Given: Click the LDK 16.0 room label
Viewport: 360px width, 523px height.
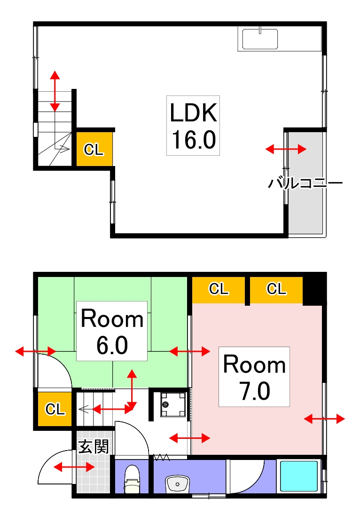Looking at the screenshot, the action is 193,126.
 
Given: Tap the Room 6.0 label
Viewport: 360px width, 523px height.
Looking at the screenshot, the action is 112,331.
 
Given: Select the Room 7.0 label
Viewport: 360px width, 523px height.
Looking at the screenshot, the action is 254,377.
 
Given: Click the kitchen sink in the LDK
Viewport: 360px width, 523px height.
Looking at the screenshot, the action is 260,39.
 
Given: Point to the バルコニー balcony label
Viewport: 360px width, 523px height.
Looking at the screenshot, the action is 305,183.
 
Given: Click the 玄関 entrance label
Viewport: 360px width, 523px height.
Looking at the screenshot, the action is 94,447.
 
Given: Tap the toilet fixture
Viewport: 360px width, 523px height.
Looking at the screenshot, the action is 132,480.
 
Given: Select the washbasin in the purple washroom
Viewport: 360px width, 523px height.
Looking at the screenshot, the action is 177,483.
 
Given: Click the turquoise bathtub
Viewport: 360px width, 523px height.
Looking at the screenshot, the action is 298,476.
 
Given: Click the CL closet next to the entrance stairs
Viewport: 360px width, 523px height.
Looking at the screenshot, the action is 55,409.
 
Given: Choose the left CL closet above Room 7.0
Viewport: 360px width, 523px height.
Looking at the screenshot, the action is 219,289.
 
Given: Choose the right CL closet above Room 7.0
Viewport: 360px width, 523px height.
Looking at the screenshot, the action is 276,289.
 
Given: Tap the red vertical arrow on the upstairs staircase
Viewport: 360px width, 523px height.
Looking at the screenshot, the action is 55,91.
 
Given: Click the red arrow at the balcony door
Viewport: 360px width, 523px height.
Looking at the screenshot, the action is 286,149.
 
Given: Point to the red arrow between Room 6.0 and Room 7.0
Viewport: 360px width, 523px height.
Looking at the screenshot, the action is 190,351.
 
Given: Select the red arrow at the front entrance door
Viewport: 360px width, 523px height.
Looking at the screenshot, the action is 74,467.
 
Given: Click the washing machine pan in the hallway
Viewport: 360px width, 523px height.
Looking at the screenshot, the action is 172,404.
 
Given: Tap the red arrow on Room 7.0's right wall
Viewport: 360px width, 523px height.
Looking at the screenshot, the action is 324,419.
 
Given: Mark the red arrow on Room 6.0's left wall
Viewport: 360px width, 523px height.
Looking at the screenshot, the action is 36,351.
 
